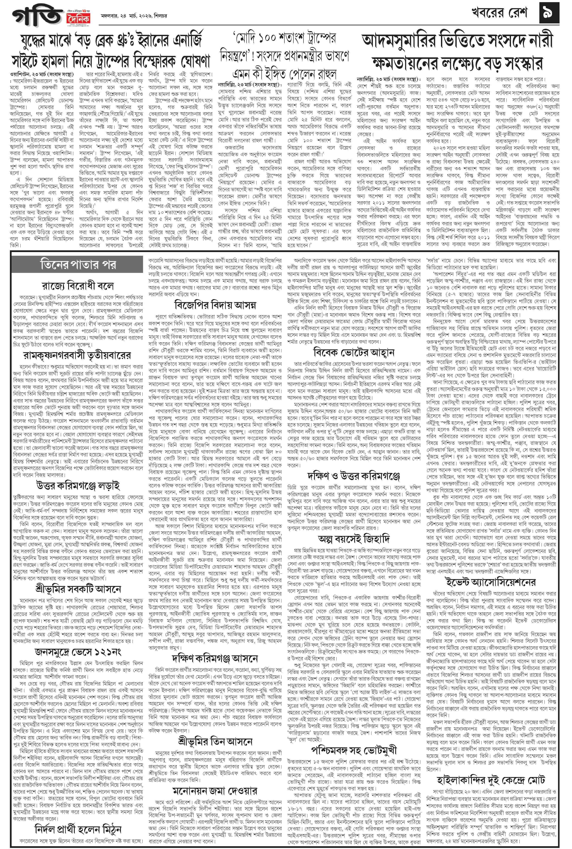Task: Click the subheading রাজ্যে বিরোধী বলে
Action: [78, 285]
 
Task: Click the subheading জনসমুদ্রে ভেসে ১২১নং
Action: [78, 652]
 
